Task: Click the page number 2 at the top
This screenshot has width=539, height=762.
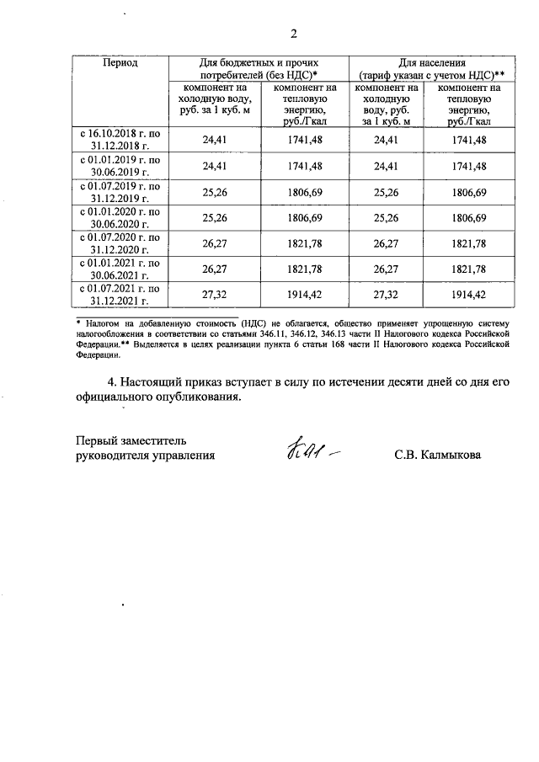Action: click(293, 35)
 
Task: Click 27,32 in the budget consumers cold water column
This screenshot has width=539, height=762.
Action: click(217, 296)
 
